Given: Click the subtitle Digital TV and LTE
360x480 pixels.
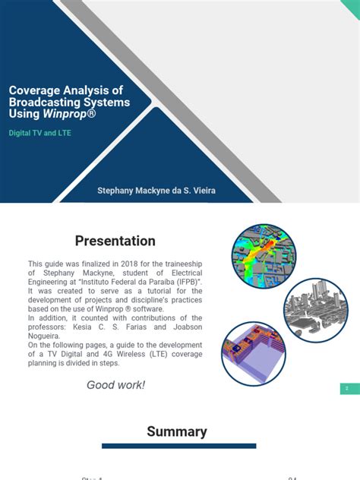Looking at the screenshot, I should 42,132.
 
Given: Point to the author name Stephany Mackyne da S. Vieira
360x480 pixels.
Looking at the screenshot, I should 156,190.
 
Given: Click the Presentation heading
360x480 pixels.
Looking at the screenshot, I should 115,242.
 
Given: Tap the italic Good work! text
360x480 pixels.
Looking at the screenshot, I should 115,385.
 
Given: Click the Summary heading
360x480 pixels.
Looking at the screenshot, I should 177,431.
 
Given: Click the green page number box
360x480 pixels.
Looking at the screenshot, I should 349,389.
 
